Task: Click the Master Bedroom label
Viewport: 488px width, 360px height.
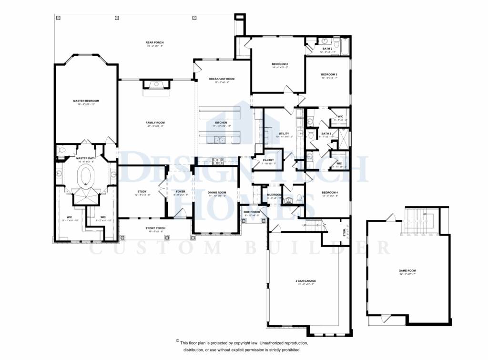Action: point(86,101)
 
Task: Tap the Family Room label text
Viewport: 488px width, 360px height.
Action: point(155,123)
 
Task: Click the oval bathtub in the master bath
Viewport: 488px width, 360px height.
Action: point(86,175)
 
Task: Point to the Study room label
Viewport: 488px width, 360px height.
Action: point(142,192)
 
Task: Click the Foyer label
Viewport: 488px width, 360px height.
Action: point(180,192)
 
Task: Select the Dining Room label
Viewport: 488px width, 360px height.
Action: point(217,192)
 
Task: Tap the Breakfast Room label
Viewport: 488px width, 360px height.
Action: point(222,79)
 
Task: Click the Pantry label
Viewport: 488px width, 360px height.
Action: point(268,161)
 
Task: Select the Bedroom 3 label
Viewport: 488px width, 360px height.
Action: point(329,74)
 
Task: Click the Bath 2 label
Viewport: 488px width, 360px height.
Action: point(327,49)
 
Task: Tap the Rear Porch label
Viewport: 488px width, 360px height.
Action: point(154,43)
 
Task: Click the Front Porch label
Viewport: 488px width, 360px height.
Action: point(155,228)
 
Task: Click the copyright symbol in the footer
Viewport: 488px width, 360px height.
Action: point(178,341)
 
